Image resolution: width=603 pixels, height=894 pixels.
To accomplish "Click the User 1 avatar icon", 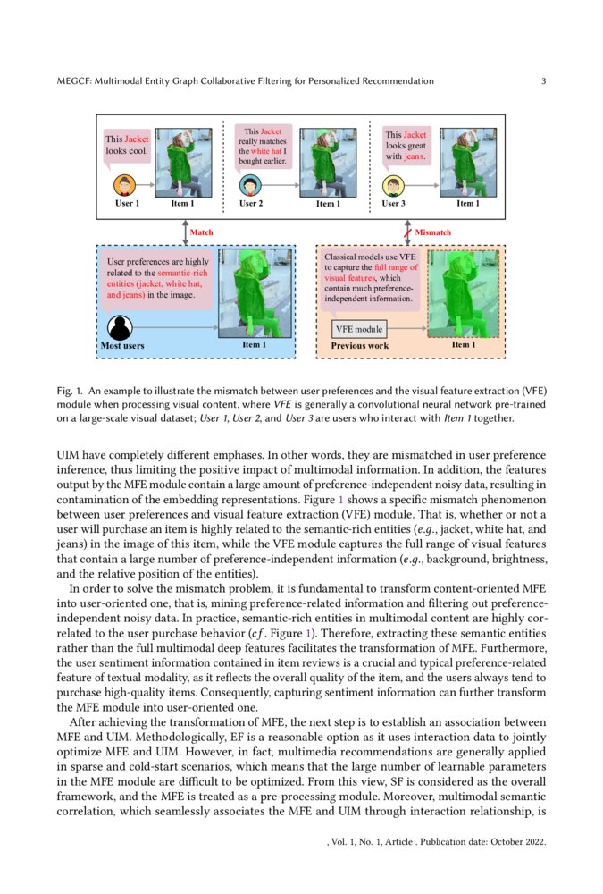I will pyautogui.click(x=125, y=185).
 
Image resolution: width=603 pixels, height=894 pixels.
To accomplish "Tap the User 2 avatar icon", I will pyautogui.click(x=251, y=185).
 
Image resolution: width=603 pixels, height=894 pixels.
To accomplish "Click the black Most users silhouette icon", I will pyautogui.click(x=121, y=327).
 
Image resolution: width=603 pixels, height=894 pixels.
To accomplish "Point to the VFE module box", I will pyautogui.click(x=357, y=329).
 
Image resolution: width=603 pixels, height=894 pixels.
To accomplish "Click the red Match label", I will pyautogui.click(x=202, y=232).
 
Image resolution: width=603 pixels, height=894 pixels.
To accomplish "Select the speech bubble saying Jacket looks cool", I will pyautogui.click(x=127, y=145).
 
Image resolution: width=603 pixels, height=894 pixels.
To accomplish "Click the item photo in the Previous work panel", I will pyautogui.click(x=463, y=293).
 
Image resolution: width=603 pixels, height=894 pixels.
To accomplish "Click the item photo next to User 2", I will pyautogui.click(x=328, y=162).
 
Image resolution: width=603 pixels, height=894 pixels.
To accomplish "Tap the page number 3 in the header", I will pyautogui.click(x=543, y=81).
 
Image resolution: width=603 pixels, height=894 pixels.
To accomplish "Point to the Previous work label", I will pyautogui.click(x=359, y=345).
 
